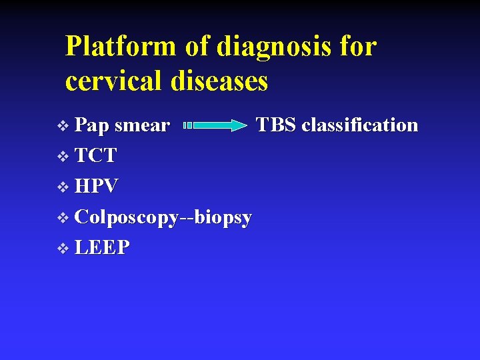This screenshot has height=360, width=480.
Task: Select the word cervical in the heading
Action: pyautogui.click(x=114, y=81)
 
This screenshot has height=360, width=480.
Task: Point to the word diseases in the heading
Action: pyautogui.click(x=219, y=81)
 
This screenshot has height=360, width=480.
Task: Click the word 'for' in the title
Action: pyautogui.click(x=358, y=47)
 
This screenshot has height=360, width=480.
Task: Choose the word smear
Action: pyautogui.click(x=141, y=125)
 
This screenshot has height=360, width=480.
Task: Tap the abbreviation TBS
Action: pyautogui.click(x=277, y=125)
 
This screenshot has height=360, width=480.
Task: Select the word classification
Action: pyautogui.click(x=360, y=125)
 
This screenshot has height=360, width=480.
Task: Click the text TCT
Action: pyautogui.click(x=95, y=156)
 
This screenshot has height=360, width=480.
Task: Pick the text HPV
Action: pyautogui.click(x=97, y=187)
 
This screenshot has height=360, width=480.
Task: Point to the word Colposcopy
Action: pyautogui.click(x=127, y=218)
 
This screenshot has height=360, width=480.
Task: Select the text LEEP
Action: pyautogui.click(x=102, y=248)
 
